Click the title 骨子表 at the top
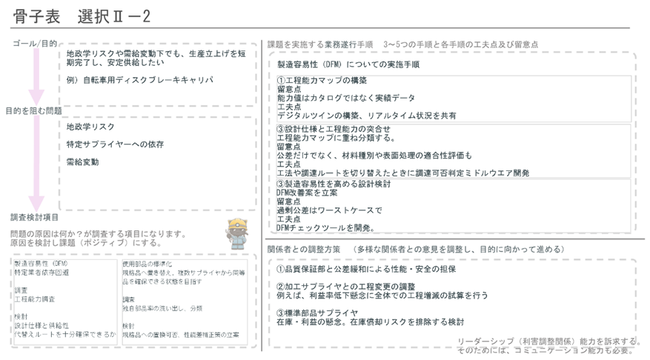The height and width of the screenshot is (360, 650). (x=29, y=15)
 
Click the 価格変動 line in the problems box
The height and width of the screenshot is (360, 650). (x=82, y=161)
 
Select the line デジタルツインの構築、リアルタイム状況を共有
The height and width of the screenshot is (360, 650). (x=366, y=116)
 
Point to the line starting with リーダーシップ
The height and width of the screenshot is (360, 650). (x=548, y=341)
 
